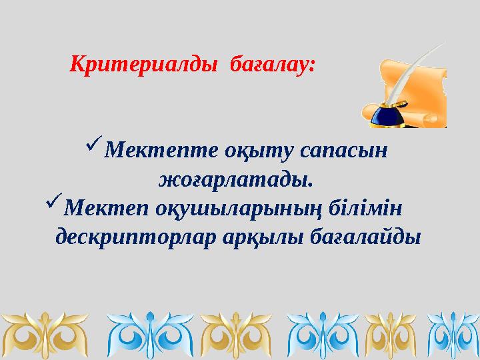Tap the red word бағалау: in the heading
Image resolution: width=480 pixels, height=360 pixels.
point(272,65)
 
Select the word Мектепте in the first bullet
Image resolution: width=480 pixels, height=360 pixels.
point(154,151)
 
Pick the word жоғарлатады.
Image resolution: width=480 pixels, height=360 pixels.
point(236,179)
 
